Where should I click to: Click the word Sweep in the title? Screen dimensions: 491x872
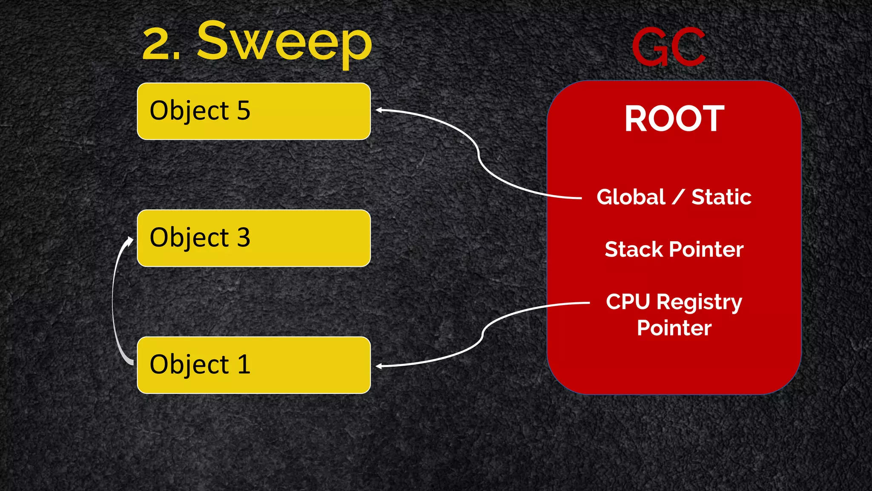click(284, 43)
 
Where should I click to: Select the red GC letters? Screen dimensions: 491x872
click(668, 47)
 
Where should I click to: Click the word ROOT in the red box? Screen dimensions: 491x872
click(674, 119)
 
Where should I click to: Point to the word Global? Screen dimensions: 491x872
click(631, 197)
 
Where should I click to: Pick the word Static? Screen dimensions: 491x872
click(721, 197)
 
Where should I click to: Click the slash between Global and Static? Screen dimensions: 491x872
click(678, 197)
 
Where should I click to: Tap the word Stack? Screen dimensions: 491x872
click(633, 249)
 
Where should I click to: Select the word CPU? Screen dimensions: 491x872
click(628, 302)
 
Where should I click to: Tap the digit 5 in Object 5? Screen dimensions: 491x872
click(244, 111)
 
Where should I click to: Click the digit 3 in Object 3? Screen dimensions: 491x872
click(244, 237)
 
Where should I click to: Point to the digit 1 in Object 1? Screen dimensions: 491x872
click(244, 364)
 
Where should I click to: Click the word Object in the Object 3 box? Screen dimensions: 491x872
click(189, 238)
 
